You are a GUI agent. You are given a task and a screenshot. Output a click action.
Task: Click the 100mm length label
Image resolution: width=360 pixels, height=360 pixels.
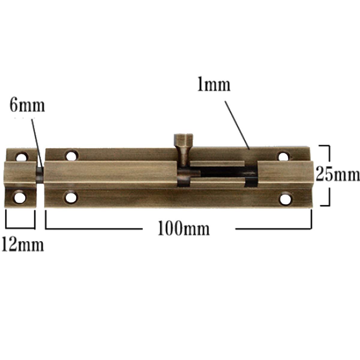tap(184, 228)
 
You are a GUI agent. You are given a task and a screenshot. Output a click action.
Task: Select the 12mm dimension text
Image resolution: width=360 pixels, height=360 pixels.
tap(23, 246)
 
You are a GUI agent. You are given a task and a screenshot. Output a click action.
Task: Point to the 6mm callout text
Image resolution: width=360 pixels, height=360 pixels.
tap(27, 106)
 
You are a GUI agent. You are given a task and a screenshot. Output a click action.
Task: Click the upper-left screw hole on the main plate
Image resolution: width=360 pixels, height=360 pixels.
tap(72, 156)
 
